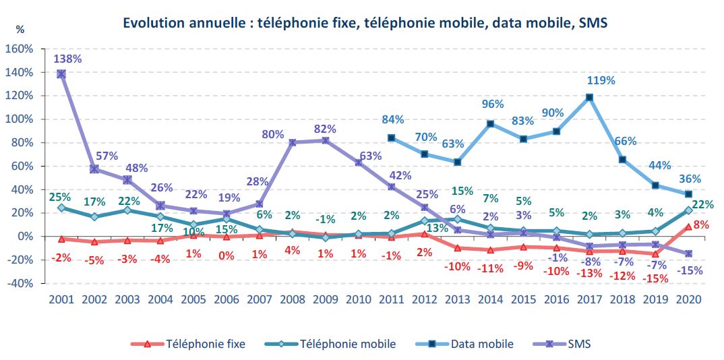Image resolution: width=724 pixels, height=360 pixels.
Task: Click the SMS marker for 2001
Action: [x=61, y=73]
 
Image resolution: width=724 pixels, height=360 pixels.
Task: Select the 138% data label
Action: [x=68, y=59]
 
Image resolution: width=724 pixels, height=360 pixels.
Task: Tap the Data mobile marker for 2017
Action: [x=590, y=97]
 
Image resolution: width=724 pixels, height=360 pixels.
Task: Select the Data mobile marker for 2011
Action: [x=392, y=138]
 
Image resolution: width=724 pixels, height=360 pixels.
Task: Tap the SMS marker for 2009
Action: [x=326, y=140]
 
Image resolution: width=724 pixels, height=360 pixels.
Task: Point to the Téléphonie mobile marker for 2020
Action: [x=689, y=210]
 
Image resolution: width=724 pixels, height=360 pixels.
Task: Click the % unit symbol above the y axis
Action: [x=20, y=30]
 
